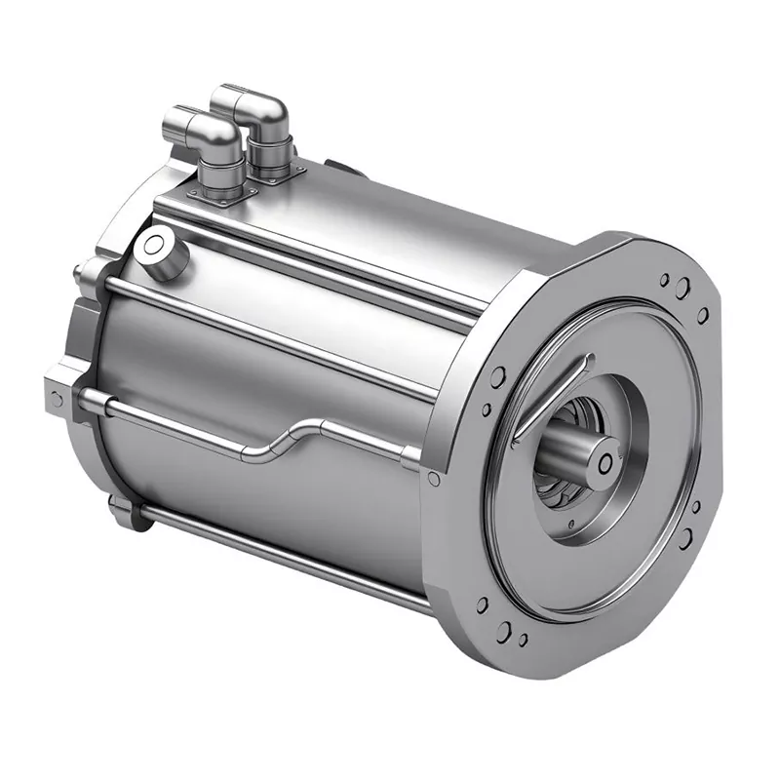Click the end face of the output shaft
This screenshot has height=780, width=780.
coord(605,459)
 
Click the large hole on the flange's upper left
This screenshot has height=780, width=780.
coord(498,377)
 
